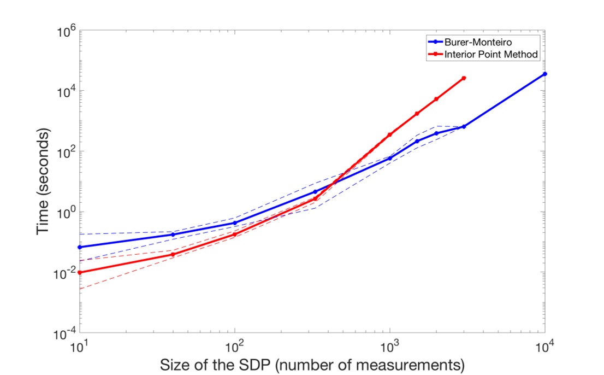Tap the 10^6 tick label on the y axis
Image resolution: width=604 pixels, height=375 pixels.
[x=67, y=32]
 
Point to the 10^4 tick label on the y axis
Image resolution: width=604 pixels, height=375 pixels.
[x=67, y=92]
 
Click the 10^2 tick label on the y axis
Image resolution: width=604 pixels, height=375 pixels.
[x=67, y=152]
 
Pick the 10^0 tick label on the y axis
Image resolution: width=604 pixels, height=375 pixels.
[x=67, y=213]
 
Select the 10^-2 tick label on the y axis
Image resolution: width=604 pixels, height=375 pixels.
[x=66, y=273]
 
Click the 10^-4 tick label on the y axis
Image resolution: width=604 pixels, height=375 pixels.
[x=66, y=333]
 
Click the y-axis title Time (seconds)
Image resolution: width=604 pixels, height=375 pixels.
[x=44, y=183]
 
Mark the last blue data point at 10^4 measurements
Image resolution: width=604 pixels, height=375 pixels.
[x=544, y=74]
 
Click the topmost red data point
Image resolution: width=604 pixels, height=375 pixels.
[x=464, y=78]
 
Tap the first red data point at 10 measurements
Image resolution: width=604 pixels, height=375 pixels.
[x=80, y=272]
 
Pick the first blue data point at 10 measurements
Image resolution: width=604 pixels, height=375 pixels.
[x=80, y=247]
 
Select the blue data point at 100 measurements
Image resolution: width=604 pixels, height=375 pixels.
[x=235, y=223]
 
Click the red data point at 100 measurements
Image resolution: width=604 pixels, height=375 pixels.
[x=235, y=235]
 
